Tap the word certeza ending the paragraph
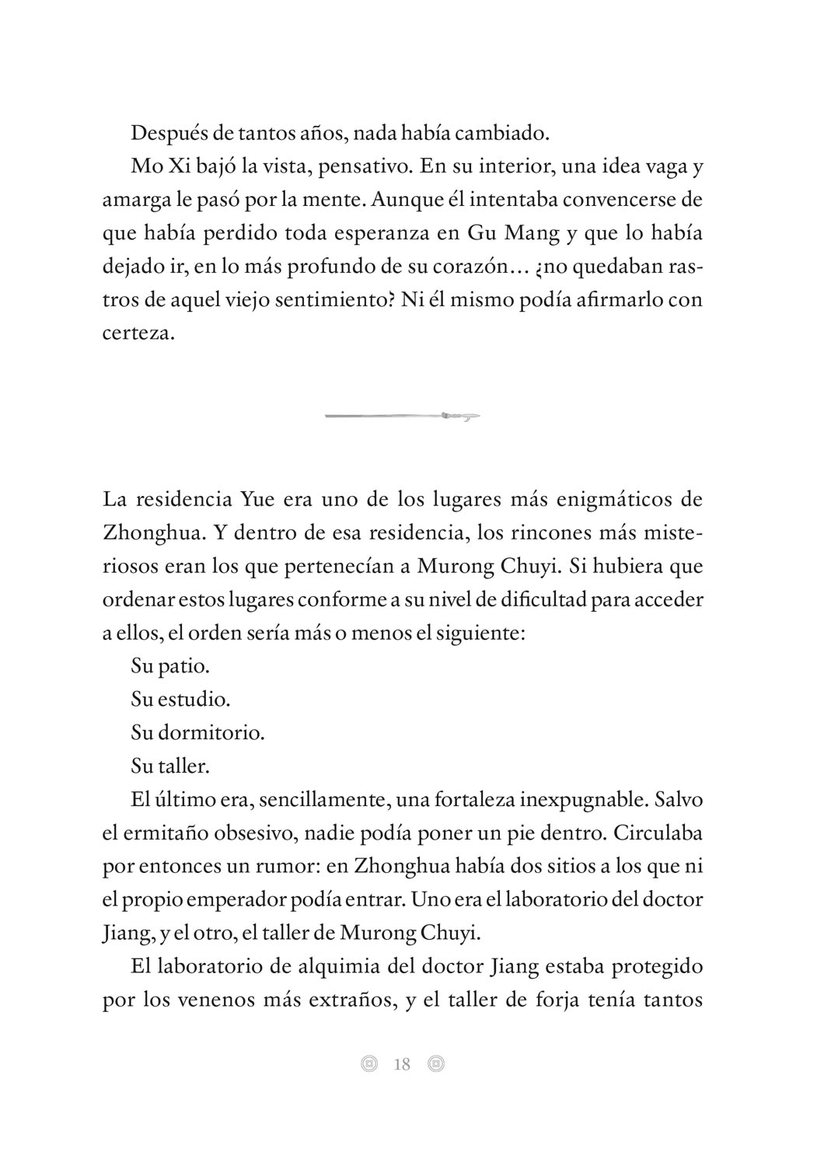click(138, 333)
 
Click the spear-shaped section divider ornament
click(402, 417)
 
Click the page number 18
click(402, 1064)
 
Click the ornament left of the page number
click(369, 1064)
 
